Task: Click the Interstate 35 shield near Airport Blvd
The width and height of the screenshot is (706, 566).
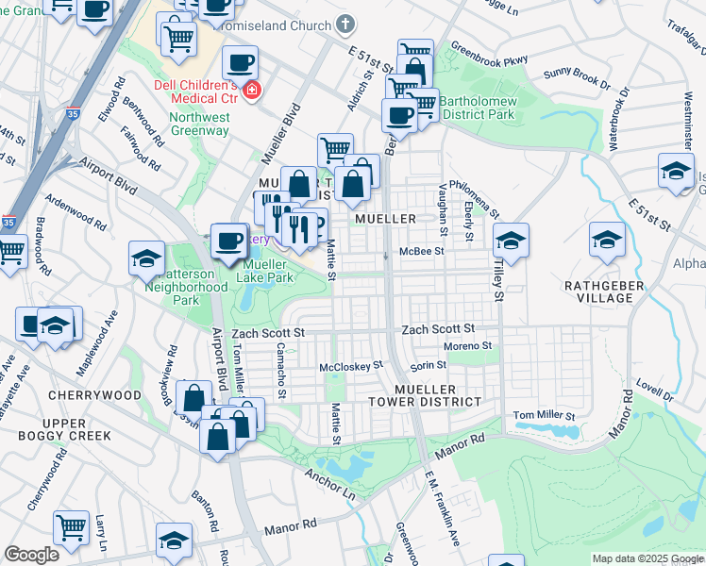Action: [8, 223]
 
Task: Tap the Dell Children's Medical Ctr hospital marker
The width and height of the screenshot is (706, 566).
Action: [251, 91]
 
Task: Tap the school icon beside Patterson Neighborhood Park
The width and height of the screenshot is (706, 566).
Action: [147, 259]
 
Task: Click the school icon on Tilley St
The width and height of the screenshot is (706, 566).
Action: [510, 241]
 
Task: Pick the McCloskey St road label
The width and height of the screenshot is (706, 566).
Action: [351, 365]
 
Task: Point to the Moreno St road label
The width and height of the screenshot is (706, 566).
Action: [469, 346]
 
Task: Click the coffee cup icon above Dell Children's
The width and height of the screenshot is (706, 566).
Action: [240, 64]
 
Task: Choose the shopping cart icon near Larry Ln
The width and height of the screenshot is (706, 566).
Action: [71, 527]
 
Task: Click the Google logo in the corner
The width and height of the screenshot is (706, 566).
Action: [32, 555]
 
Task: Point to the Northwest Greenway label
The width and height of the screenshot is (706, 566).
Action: [199, 125]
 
